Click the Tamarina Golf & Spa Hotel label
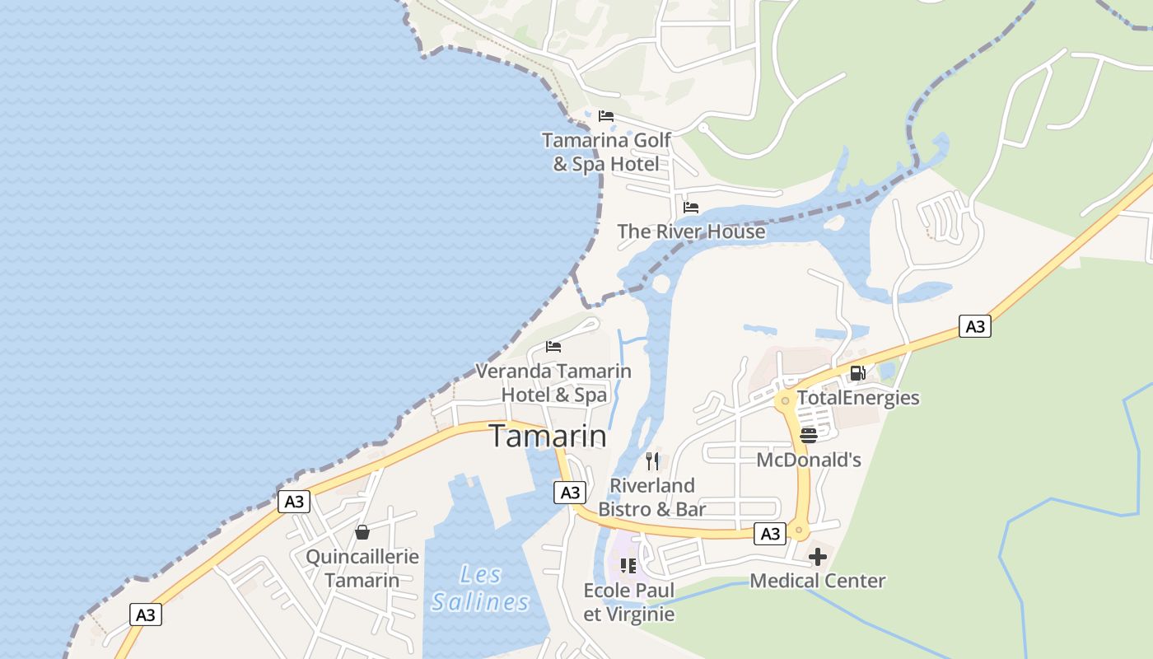606,152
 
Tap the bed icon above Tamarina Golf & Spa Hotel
606,116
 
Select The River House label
691,231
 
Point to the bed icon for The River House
691,208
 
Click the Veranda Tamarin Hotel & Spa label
553,382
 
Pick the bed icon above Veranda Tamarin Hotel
553,347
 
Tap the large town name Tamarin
548,437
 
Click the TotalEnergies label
858,398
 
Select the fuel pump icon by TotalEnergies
857,373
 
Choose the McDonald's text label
809,460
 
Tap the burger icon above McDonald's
809,435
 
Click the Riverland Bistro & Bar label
652,497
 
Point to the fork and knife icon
652,460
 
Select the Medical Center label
817,581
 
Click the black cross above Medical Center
817,558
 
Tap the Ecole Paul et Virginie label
628,602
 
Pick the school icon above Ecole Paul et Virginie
628,566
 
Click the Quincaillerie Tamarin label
362,568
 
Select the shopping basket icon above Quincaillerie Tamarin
362,532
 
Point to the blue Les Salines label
480,587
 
